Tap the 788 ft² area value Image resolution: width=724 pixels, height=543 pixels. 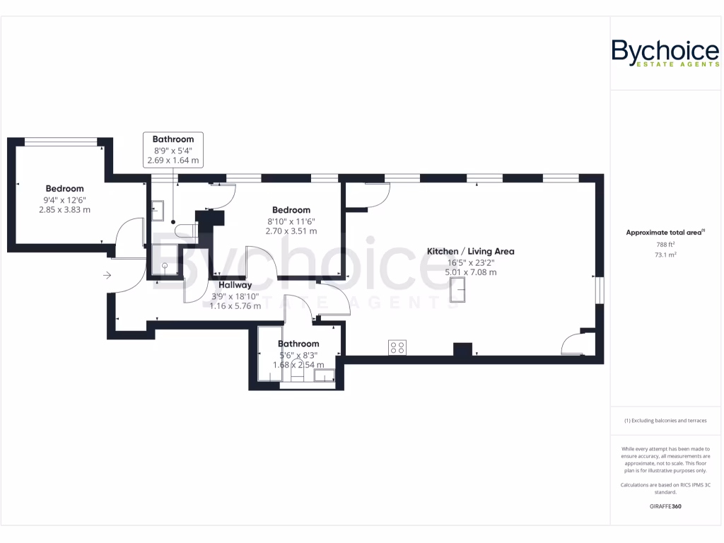[x=665, y=245]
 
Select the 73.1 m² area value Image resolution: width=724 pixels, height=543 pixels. [x=665, y=255]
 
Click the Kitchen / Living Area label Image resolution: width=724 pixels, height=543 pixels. [x=470, y=252]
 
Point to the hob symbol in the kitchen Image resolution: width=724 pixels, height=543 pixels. [x=397, y=347]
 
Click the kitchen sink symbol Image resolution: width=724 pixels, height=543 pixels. [x=457, y=289]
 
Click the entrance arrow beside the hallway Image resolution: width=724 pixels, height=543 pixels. [x=107, y=275]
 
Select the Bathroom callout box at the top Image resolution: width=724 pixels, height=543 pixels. [x=173, y=150]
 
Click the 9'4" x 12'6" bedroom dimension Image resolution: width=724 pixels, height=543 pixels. [x=64, y=199]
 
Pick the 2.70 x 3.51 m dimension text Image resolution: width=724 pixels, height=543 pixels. [x=291, y=230]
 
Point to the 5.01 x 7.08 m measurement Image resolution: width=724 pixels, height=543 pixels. [x=471, y=272]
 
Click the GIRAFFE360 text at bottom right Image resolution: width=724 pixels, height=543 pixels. [x=665, y=506]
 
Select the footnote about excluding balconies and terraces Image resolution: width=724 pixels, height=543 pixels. [x=665, y=421]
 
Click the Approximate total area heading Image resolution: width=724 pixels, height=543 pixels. [x=665, y=232]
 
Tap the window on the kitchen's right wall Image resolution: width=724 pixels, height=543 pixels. [x=599, y=291]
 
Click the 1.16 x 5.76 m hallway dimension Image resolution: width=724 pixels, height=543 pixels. [x=235, y=306]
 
